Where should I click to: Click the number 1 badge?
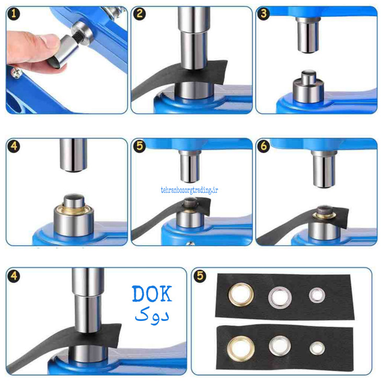click(x=14, y=14)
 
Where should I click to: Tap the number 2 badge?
click(x=139, y=14)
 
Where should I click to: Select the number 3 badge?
click(x=263, y=14)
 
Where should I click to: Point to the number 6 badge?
click(x=263, y=146)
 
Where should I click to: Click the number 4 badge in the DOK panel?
click(x=14, y=276)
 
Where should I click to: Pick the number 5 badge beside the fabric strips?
click(x=200, y=276)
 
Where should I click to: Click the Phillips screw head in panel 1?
click(x=16, y=73)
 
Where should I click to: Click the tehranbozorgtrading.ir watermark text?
click(x=189, y=190)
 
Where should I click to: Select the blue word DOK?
click(x=152, y=294)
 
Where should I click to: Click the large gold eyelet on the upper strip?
click(x=241, y=294)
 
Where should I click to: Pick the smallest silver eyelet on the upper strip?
click(x=317, y=295)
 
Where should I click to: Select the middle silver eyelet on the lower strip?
click(x=280, y=346)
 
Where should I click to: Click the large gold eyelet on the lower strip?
click(x=241, y=349)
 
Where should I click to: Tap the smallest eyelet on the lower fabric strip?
click(x=317, y=348)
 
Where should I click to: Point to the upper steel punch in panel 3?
click(x=308, y=35)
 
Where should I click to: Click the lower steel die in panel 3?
click(x=308, y=87)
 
